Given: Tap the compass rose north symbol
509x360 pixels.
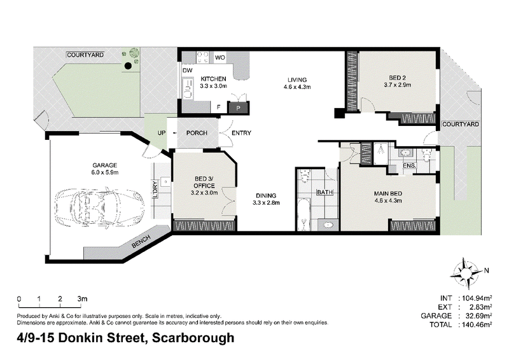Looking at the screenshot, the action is coord(466,273).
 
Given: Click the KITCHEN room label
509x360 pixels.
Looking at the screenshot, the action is coord(213,79).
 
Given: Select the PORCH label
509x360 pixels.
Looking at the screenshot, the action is coord(197,133).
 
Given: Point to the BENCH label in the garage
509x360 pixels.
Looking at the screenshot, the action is coord(141,242).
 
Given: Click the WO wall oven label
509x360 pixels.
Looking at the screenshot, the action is coord(220,58).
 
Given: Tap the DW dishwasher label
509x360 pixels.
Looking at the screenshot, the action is coord(187,71).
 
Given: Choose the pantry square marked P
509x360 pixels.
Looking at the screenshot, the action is coord(239,108).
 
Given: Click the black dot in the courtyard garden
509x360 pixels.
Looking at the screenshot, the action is coord(129,66).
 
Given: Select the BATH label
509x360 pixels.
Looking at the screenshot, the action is coord(325,193).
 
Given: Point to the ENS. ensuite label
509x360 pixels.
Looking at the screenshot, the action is coord(409,165).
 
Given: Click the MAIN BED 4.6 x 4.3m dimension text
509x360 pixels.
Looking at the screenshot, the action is coord(388,201).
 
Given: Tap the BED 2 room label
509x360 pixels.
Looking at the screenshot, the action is coord(397,78).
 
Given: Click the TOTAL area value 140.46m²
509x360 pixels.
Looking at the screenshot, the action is coord(477,324).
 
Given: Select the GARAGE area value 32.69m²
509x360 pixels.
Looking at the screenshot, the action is coord(477,316).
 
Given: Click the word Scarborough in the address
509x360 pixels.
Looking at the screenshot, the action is coord(193,338).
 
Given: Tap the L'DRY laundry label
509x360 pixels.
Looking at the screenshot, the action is coord(155,190).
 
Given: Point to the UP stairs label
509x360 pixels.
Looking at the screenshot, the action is coord(162,133).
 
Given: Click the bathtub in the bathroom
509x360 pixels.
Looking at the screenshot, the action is coord(304,214).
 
